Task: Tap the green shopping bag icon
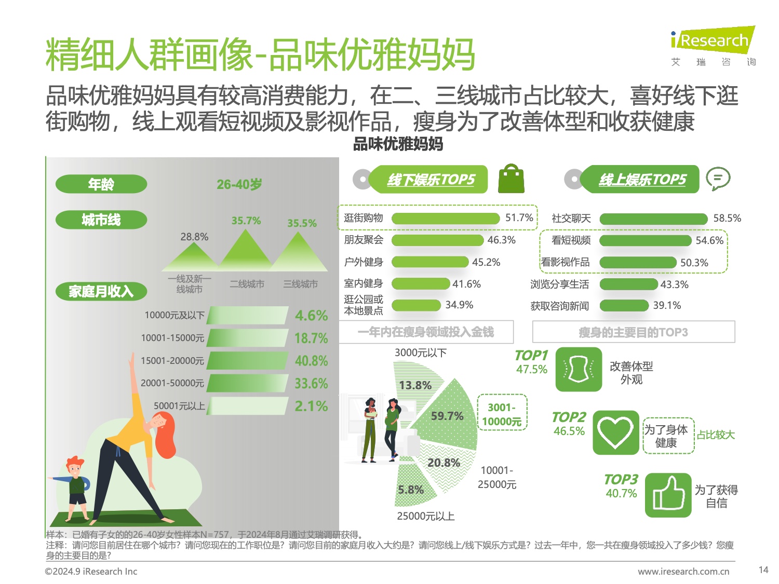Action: [511, 179]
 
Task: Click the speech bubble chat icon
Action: [718, 179]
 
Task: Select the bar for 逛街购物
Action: [445, 219]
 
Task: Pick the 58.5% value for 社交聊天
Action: [727, 219]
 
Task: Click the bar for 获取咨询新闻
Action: [624, 306]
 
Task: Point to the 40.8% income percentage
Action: [311, 361]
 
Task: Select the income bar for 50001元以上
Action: [248, 406]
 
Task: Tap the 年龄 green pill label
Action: [101, 184]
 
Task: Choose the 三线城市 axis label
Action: [300, 284]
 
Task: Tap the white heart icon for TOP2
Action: [615, 432]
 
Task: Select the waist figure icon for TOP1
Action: [579, 370]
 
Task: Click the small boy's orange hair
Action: [74, 461]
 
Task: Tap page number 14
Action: [763, 570]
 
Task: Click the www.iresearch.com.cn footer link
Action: [683, 572]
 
